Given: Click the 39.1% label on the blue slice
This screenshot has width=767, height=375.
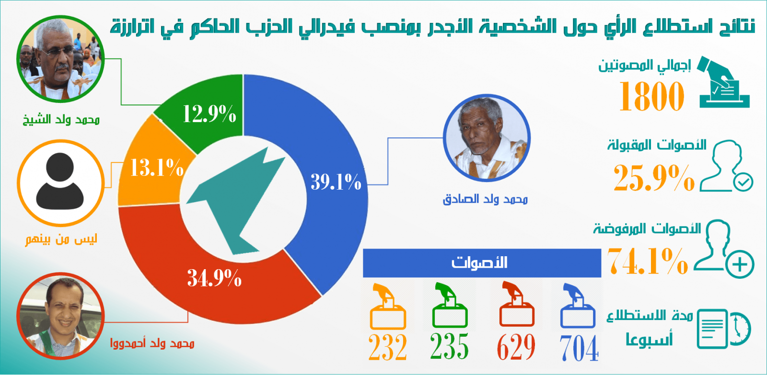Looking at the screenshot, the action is [x=336, y=182].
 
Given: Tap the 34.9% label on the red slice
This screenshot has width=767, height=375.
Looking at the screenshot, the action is [x=214, y=278].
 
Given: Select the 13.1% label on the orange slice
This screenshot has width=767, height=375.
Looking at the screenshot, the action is [x=157, y=168].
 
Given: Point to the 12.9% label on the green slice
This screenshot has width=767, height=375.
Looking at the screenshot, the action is [x=209, y=114].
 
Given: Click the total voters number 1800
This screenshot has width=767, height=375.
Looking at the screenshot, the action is [x=651, y=96].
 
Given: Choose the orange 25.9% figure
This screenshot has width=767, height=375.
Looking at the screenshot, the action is [x=654, y=178].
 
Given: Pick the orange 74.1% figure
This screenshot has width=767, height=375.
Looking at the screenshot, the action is [x=648, y=261].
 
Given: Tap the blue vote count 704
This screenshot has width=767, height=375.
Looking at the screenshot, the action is [x=579, y=348].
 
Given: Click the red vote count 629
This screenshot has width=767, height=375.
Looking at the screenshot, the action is [x=516, y=347].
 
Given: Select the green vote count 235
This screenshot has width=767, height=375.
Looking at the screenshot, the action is [x=449, y=346].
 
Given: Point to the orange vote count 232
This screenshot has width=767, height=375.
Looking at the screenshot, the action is [x=388, y=347].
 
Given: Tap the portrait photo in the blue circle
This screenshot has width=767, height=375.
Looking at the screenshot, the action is [x=487, y=138].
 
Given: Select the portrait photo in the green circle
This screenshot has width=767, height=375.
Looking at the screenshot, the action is [x=60, y=59].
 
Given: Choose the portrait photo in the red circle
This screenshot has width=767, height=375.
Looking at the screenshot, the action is [x=60, y=316].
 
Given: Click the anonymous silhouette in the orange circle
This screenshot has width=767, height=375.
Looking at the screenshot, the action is [x=60, y=182].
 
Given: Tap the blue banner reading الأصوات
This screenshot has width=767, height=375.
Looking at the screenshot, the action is [x=482, y=263].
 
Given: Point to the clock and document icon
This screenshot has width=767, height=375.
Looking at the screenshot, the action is [x=724, y=329].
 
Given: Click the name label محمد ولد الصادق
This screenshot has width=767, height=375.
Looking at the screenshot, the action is [x=486, y=199].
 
